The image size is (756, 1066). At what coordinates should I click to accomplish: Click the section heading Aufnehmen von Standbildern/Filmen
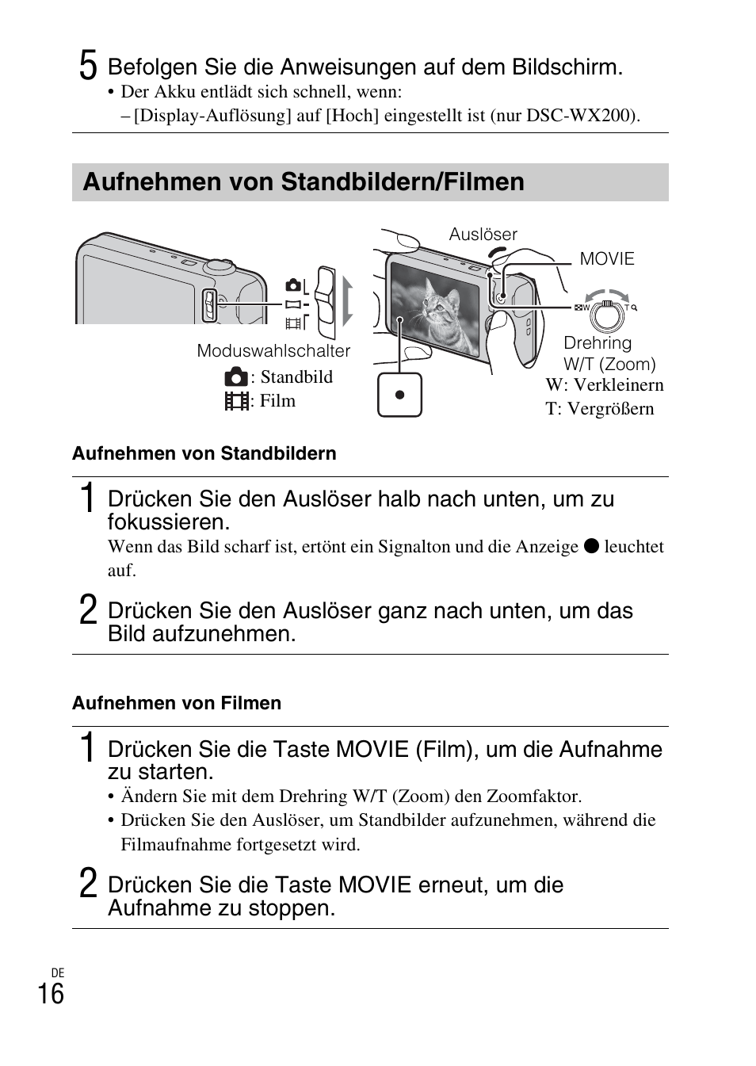(x=304, y=182)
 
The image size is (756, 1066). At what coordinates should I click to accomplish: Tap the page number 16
(x=51, y=993)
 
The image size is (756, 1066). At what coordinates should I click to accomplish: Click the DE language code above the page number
(x=57, y=972)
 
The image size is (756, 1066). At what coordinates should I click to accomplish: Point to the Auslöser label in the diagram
(x=483, y=235)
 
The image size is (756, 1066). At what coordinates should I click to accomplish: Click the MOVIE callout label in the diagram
(x=607, y=259)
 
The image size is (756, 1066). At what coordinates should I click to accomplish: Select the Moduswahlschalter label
(x=273, y=351)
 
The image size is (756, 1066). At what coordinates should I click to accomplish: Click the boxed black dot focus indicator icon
(x=399, y=395)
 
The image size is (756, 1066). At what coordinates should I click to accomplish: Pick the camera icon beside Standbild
(x=235, y=377)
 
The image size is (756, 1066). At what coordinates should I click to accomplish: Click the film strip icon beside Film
(x=235, y=401)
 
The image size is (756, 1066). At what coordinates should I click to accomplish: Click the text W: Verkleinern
(x=604, y=385)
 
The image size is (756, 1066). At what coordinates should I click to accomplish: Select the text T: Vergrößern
(x=599, y=409)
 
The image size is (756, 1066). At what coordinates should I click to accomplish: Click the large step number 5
(x=88, y=65)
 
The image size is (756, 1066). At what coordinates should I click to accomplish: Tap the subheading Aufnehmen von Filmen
(x=177, y=704)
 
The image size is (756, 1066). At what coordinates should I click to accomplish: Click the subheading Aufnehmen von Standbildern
(x=204, y=454)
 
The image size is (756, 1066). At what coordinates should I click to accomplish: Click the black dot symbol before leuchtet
(x=591, y=547)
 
